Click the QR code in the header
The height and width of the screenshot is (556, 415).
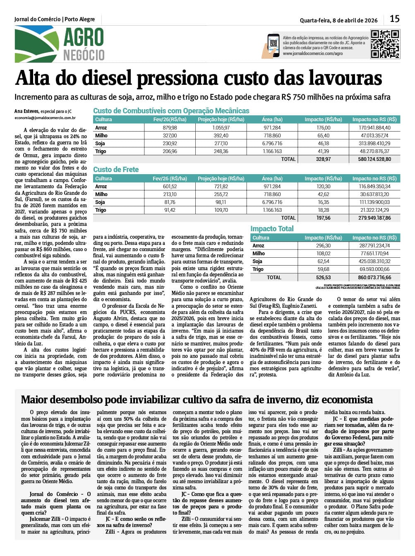[x=385, y=44]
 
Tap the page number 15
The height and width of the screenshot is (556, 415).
[x=395, y=19]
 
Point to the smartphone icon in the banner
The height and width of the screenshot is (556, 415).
[x=273, y=45]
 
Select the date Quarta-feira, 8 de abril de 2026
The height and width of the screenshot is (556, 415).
[x=338, y=20]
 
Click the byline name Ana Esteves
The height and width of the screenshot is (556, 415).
[x=26, y=111]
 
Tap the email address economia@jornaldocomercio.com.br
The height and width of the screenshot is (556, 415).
[x=45, y=118]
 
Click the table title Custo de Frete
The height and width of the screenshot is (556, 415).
[x=116, y=170]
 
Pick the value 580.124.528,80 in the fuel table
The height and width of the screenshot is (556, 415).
[x=374, y=159]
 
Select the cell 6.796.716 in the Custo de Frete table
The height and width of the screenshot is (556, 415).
[x=272, y=202]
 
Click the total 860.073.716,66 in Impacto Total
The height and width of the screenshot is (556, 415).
[x=374, y=277]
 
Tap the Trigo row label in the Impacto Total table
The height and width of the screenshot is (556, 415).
[x=258, y=269]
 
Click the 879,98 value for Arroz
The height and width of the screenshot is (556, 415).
[x=170, y=128]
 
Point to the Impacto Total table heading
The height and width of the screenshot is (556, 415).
[x=272, y=229]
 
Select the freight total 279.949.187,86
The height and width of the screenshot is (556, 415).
[x=374, y=218]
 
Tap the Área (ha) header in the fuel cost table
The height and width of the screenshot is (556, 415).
[x=272, y=120]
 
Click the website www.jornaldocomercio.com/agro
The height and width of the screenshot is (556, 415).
[x=313, y=54]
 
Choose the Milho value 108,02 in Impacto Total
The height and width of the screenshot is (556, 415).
[x=323, y=254]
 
